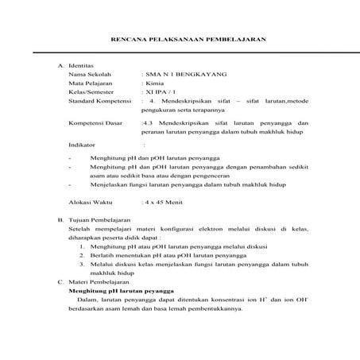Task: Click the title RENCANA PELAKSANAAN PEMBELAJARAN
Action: [187, 39]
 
